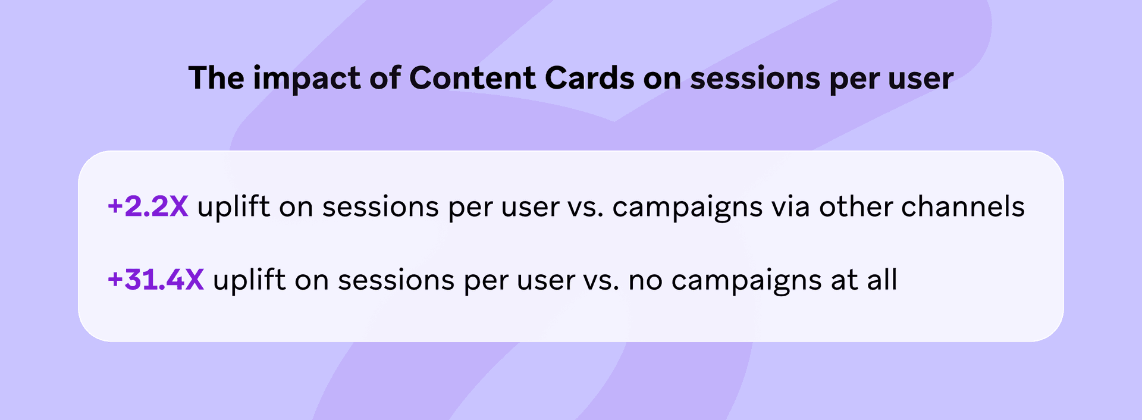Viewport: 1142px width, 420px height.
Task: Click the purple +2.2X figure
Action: [148, 207]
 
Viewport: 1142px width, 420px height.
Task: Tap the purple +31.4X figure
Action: [156, 280]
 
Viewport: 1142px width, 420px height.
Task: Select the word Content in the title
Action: [472, 78]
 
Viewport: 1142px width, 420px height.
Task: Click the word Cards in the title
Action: [589, 78]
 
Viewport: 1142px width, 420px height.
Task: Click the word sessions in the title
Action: [755, 78]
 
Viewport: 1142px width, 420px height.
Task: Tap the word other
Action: [856, 206]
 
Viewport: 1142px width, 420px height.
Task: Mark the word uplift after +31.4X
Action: [249, 280]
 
